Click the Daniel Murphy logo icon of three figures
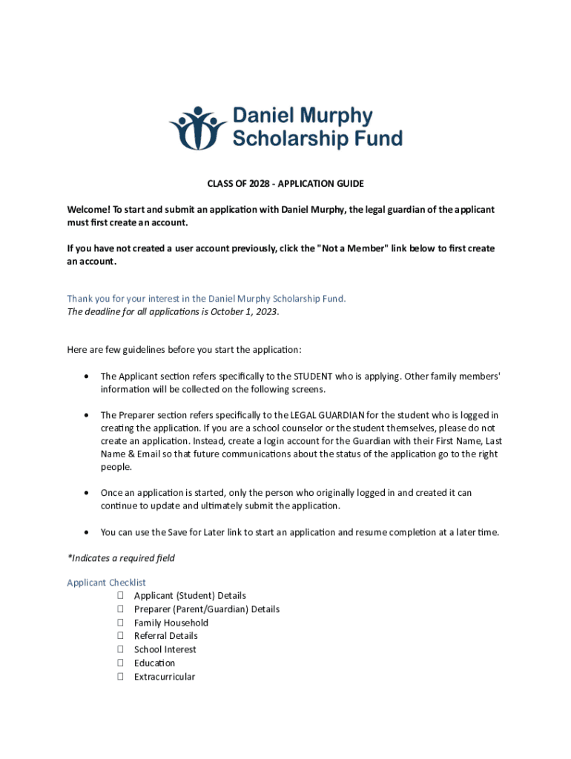coord(197,127)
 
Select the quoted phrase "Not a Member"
coord(351,248)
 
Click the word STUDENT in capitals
coord(319,376)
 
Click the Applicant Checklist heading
coord(107,583)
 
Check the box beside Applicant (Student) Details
coord(119,595)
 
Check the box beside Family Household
coord(119,623)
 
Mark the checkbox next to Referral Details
coord(119,636)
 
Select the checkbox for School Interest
coord(119,649)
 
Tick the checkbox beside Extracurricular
coord(119,677)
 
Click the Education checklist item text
coord(154,663)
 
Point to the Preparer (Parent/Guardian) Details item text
coord(207,609)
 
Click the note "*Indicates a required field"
coord(121,557)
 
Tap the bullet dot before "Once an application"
coord(88,492)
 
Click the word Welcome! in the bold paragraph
coord(88,210)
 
